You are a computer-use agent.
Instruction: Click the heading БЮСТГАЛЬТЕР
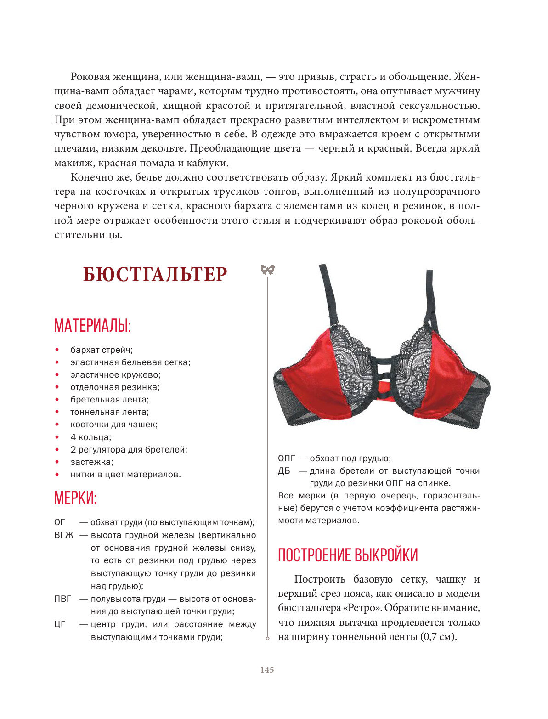click(x=155, y=275)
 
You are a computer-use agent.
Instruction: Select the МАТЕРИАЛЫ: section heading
click(x=92, y=325)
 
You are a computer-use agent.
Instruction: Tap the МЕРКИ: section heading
click(x=75, y=498)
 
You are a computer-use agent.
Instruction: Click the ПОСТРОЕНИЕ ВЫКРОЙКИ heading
click(x=348, y=555)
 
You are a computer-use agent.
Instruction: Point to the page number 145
click(x=267, y=670)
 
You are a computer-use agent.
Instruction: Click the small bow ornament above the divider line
click(x=267, y=270)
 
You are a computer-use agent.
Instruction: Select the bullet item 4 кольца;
click(x=91, y=437)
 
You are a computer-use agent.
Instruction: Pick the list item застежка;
click(x=91, y=462)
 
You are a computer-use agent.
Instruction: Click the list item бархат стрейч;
click(x=102, y=350)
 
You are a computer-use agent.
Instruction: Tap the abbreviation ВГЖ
click(x=63, y=535)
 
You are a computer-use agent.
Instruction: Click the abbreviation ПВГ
click(x=63, y=599)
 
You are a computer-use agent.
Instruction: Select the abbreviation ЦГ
click(x=60, y=624)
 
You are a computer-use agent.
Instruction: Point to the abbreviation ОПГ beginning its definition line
click(x=286, y=459)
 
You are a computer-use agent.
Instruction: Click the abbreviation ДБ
click(x=284, y=471)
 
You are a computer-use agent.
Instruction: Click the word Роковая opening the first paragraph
click(x=90, y=77)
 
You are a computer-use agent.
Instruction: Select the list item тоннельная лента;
click(x=109, y=412)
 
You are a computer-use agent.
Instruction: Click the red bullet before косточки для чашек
click(x=57, y=425)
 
